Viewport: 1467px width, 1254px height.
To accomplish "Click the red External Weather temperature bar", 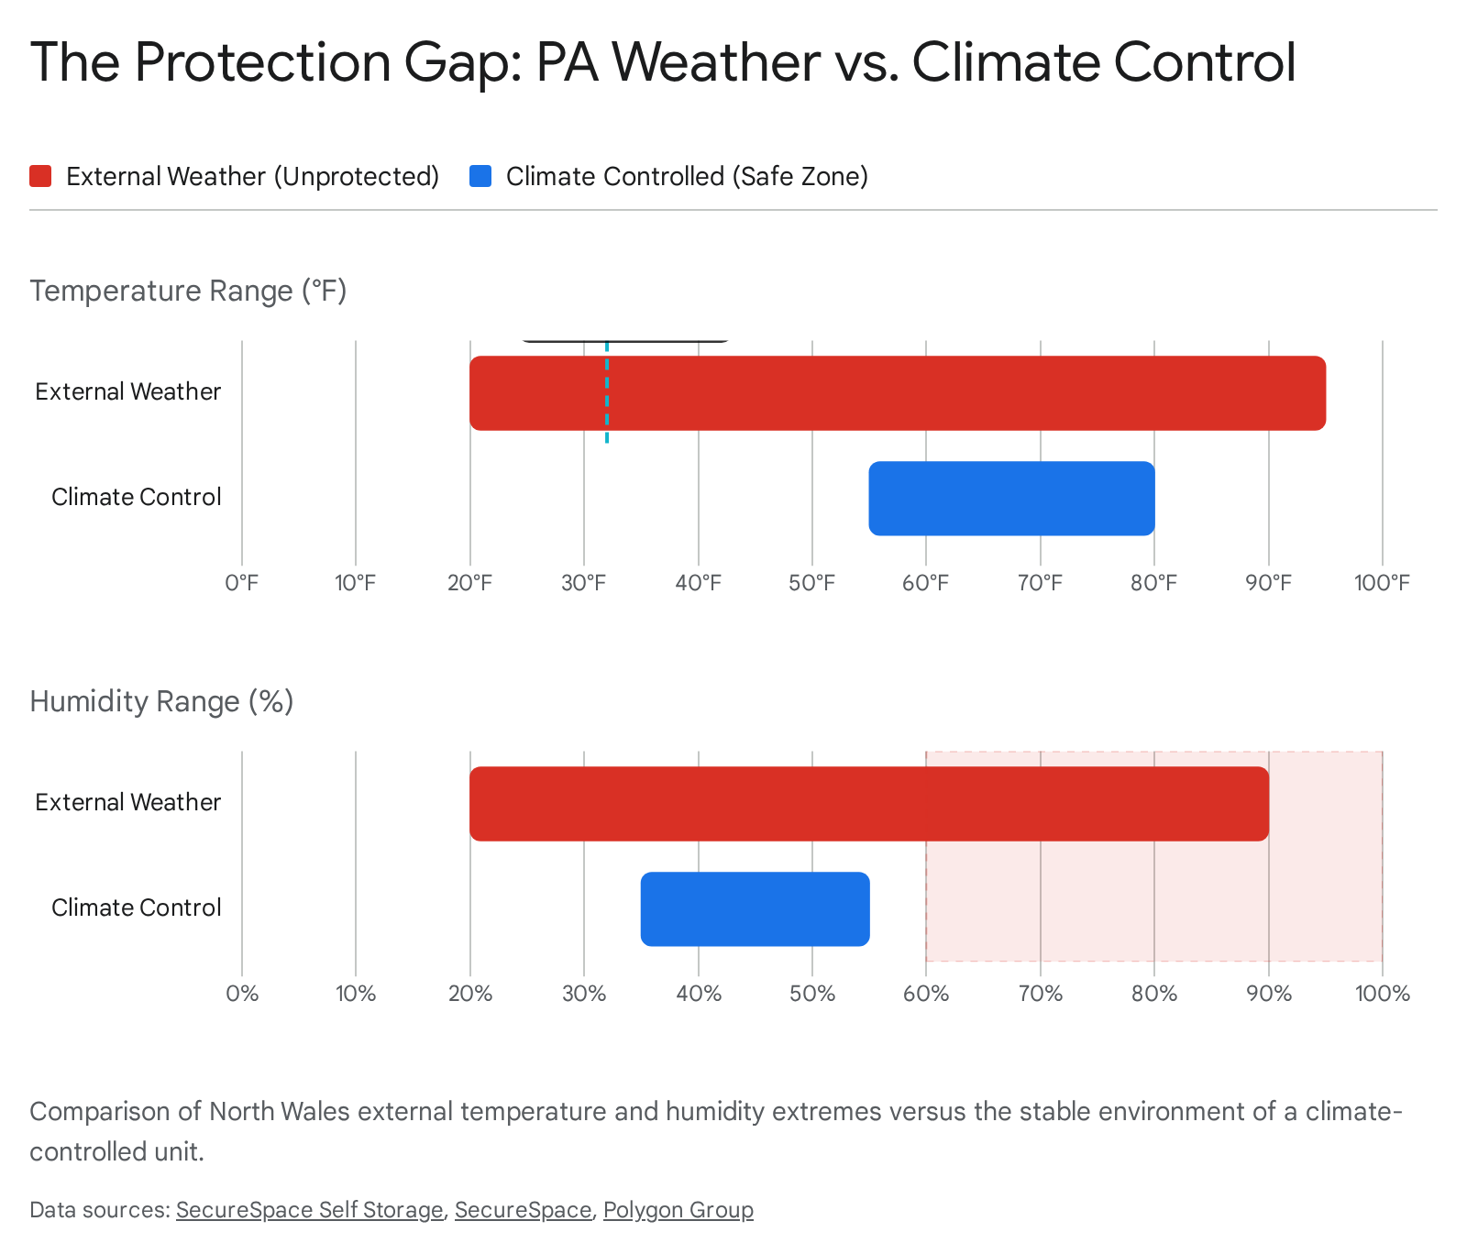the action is coord(898,393).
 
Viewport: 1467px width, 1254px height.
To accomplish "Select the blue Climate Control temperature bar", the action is coord(1011,499).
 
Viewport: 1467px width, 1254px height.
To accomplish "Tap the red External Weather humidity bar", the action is coord(869,804).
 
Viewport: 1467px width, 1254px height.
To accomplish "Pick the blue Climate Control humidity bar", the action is coord(755,909).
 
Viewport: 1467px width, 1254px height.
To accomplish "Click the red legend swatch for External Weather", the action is coord(40,176).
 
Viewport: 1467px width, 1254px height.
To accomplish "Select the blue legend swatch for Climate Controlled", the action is coord(480,176).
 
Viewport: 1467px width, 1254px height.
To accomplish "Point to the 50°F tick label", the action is coord(812,583).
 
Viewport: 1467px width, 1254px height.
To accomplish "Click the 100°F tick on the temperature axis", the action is coord(1382,583).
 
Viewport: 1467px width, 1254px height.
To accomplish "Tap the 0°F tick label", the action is coord(242,583).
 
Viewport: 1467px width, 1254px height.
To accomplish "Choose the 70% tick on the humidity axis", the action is coord(1041,994).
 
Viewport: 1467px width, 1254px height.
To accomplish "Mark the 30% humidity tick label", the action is coord(584,994).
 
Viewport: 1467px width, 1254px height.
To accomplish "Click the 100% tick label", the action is coord(1382,994).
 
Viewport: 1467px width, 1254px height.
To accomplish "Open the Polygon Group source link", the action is coord(678,1210).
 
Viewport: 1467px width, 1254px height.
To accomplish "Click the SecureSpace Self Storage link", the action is coord(310,1210).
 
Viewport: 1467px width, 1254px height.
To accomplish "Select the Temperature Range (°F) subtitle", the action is coord(189,291).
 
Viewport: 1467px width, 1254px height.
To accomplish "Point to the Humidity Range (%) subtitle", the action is coord(161,701).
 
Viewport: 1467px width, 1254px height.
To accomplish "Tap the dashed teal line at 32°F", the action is coord(607,392).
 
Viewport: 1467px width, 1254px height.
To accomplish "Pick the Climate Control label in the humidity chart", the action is coord(137,907).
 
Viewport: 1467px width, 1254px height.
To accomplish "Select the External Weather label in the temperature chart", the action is coord(128,391).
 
